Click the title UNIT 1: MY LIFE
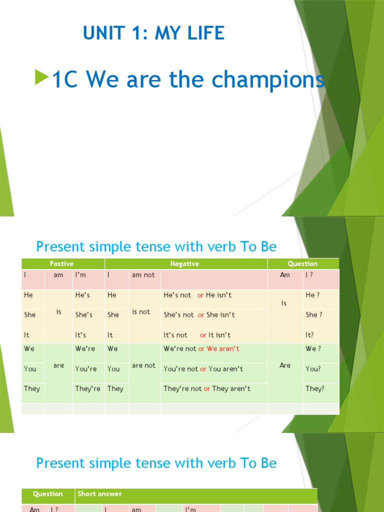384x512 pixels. point(153,33)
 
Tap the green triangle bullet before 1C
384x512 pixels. point(42,77)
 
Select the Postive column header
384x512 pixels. point(61,263)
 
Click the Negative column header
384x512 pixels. point(184,263)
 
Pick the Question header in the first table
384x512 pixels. point(302,263)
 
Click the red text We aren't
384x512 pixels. point(223,348)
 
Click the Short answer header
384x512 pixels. point(99,493)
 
